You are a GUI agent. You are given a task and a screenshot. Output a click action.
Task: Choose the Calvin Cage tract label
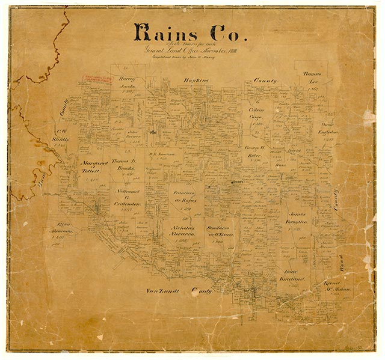[257, 114]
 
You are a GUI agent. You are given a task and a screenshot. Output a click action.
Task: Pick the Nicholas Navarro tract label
[181, 232]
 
